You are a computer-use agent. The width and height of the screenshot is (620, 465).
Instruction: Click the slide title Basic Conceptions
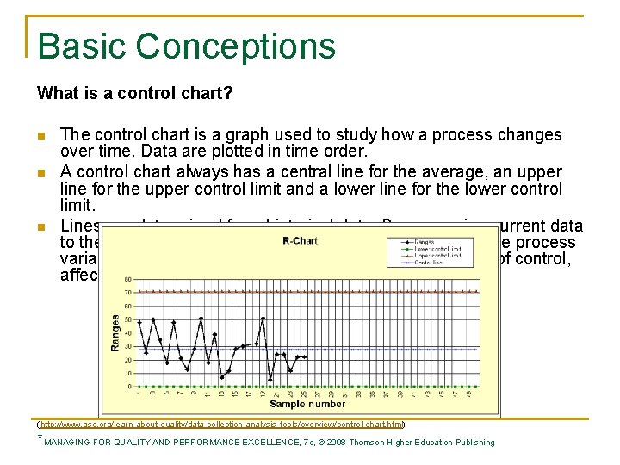187,46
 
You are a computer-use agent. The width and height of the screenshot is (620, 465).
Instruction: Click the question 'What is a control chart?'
134,92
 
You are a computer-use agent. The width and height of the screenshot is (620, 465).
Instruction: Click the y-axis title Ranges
114,332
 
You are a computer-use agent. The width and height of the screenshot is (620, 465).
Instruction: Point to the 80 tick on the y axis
128,279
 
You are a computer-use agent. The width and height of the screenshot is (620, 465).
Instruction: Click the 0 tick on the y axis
130,387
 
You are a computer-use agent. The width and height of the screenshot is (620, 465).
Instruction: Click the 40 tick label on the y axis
128,333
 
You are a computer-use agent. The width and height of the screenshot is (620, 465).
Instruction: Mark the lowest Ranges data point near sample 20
270,380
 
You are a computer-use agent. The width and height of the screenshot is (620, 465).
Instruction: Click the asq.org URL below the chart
221,425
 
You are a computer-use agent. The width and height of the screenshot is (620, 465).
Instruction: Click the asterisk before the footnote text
39,437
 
